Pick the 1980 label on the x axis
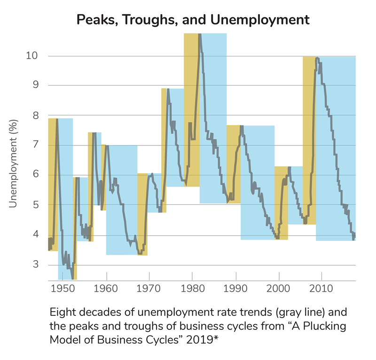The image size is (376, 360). [192, 287]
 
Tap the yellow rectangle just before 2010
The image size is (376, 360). [309, 141]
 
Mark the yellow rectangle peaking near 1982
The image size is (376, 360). [191, 108]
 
